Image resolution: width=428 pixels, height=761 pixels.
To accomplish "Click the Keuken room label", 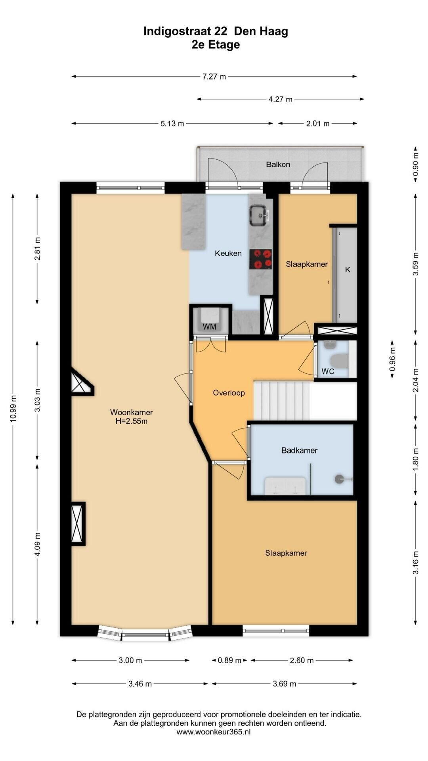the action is (x=228, y=253).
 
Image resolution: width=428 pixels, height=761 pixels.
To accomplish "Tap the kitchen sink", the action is (x=259, y=215).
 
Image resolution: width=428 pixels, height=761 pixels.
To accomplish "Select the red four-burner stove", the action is (x=260, y=259).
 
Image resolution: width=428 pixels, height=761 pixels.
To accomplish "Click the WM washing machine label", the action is (x=209, y=327).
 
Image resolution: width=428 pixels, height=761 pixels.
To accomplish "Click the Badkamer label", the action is (x=299, y=450).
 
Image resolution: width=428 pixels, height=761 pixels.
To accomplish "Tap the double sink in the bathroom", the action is (x=285, y=486).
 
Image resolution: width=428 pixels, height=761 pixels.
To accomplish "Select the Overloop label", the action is (x=229, y=393).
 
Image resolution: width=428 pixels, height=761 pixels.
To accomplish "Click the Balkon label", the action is (x=278, y=164).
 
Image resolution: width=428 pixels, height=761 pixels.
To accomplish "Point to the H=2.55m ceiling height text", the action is (x=132, y=421).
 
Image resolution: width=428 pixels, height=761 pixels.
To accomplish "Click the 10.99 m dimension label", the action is (x=13, y=409).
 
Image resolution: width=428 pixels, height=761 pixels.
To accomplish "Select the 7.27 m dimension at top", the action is (x=214, y=76).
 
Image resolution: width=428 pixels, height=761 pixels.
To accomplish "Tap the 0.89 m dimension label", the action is (x=229, y=660).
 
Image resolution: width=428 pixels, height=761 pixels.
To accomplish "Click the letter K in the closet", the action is (x=348, y=270).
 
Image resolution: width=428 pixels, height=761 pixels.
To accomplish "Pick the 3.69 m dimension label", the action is (x=284, y=684).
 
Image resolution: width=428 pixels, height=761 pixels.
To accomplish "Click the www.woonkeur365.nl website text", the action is (x=214, y=732).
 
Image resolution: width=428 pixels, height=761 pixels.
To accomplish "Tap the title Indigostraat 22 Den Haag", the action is (x=216, y=31).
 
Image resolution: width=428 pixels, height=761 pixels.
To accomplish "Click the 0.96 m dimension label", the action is (x=392, y=359).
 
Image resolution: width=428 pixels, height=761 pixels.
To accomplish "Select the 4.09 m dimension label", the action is (x=38, y=544).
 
